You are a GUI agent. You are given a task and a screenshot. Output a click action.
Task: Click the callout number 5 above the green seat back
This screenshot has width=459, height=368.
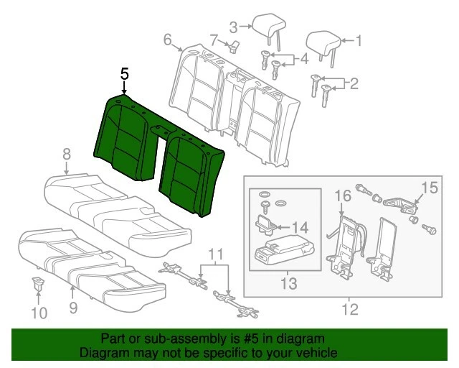point(125,74)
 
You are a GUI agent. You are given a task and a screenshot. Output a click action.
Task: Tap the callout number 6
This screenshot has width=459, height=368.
point(168,40)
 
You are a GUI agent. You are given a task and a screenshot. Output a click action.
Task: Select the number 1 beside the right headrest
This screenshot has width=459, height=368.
point(359,41)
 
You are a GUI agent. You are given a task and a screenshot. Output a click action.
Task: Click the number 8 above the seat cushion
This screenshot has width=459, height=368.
point(66,153)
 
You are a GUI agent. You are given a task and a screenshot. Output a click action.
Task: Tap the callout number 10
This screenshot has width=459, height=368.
point(40,313)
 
